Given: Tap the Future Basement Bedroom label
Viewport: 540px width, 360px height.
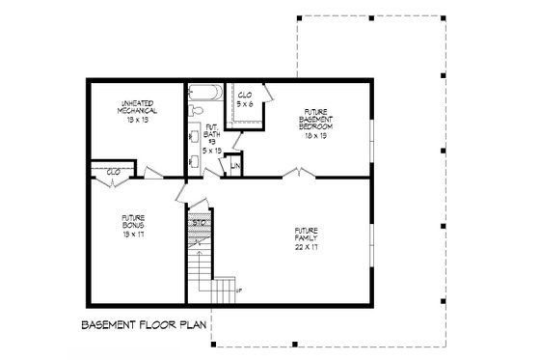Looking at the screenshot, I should coord(315,120).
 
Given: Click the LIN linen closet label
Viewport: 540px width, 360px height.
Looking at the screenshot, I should coord(234,168).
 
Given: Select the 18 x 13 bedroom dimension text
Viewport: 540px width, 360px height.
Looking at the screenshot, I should coord(315,137).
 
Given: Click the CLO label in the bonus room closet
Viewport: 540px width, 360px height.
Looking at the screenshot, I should coord(113,171).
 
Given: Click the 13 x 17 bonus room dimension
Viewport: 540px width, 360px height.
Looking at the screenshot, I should coord(134,233).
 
